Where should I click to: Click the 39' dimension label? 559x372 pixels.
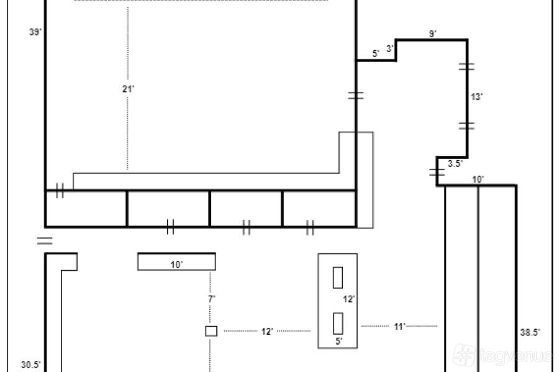35,32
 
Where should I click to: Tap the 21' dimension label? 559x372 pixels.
128,89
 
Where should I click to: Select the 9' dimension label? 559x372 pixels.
433,34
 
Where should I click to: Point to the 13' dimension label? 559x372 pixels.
476,97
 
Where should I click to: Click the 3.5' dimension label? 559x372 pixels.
455,163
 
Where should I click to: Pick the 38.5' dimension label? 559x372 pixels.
530,332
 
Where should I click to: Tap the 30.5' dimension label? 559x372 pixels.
31,365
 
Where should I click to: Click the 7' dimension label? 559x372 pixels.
212,299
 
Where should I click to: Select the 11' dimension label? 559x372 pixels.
399,327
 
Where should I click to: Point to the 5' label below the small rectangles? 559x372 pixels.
339,341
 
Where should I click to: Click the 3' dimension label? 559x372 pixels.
390,48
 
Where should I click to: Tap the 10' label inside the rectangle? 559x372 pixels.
176,265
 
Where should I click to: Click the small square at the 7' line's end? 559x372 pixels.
211,331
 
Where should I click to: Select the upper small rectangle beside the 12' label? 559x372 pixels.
338,278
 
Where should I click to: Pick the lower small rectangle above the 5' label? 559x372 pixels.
338,324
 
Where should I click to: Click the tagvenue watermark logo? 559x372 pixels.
464,355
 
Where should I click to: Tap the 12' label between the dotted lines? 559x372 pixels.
267,332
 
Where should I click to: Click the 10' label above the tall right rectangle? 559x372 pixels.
478,179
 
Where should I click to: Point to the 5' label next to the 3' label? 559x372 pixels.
376,53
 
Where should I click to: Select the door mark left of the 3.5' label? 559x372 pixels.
437,172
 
